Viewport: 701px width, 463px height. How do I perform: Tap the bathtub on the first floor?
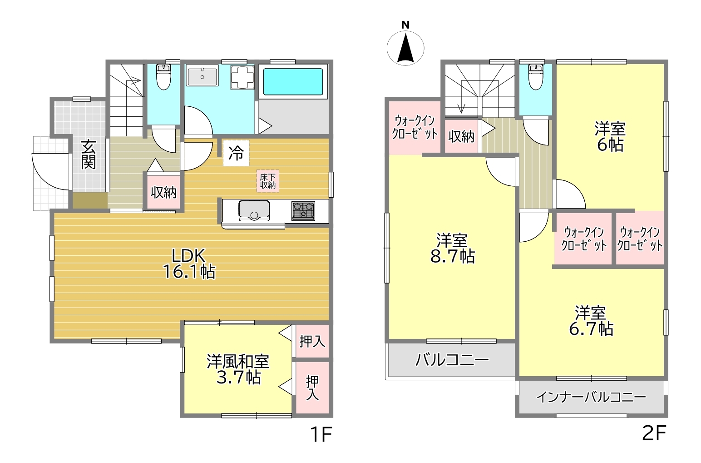(292, 81)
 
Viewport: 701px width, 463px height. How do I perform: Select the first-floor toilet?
(163, 77)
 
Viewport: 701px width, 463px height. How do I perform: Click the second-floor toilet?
(535, 77)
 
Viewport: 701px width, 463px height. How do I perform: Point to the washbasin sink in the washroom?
(202, 75)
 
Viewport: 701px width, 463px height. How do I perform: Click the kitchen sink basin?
(254, 211)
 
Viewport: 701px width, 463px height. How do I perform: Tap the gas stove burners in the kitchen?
(303, 210)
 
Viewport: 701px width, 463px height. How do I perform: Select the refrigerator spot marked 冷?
(236, 153)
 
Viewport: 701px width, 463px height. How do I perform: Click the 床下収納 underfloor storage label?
(267, 181)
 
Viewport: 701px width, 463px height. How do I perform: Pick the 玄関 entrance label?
(88, 154)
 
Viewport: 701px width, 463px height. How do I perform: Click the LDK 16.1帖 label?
(189, 264)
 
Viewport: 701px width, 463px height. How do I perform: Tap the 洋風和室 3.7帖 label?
(238, 370)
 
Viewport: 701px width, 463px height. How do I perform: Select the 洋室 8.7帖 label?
(453, 248)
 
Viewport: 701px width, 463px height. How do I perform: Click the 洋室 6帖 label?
(610, 137)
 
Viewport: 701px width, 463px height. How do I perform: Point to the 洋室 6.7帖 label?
(591, 321)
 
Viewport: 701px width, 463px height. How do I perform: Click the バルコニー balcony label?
(452, 360)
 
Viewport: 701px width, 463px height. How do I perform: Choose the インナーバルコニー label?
(591, 398)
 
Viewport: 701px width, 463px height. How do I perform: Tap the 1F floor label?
(321, 434)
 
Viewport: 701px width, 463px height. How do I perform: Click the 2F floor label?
(654, 433)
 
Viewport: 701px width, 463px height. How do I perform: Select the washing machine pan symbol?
(242, 77)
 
